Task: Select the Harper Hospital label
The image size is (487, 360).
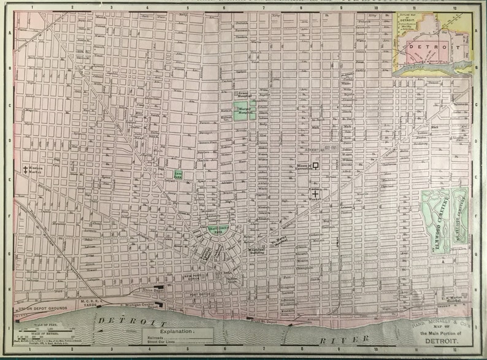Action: click(x=245, y=111)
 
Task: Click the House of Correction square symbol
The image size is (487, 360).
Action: click(x=316, y=165)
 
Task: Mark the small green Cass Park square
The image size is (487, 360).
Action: click(x=178, y=175)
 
